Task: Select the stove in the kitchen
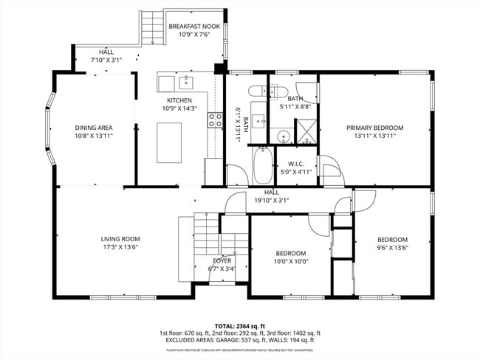216,120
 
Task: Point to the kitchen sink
184,81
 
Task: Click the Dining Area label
93,127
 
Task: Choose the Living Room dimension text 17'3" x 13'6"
120,247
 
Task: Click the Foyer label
222,260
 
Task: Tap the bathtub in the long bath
263,165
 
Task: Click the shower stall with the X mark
305,130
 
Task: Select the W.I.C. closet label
295,164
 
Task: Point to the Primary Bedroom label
375,127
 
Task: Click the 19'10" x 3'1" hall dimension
271,200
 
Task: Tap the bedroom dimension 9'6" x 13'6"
392,247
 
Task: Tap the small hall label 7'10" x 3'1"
106,60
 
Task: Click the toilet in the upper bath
258,92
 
